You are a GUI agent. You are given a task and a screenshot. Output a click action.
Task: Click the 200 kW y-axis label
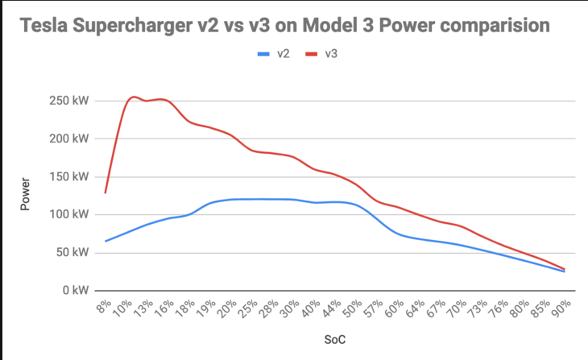68,139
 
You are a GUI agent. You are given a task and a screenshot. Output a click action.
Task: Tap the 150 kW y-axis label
68,176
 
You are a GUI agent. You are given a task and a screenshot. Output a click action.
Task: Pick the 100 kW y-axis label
68,214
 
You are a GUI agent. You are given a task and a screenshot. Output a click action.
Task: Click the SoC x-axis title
334,341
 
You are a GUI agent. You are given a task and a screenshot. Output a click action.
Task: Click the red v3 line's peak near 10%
133,97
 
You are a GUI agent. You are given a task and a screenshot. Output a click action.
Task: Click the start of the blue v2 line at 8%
106,241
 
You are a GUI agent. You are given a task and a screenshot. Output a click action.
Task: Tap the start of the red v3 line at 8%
106,192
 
